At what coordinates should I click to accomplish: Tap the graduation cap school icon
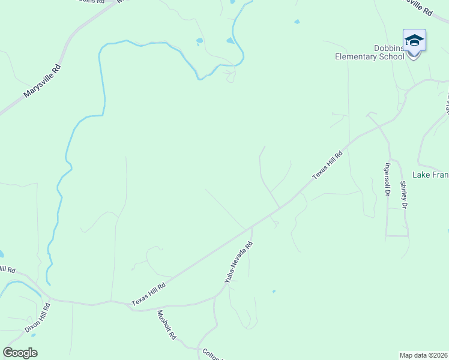point(414,40)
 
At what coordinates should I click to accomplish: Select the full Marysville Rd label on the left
point(43,82)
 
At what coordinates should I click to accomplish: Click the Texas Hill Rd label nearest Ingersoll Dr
point(327,165)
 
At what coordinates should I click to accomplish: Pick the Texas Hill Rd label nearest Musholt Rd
point(148,292)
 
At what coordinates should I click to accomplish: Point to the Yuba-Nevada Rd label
point(239,262)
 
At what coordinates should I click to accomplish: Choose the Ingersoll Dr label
point(388,180)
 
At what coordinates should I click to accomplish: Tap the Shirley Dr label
point(404,195)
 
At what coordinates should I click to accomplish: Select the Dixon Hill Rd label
point(38,318)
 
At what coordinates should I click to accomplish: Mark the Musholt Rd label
point(166,325)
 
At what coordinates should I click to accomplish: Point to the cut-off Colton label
point(212,354)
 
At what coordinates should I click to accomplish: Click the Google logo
point(20,353)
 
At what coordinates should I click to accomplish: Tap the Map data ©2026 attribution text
point(424,355)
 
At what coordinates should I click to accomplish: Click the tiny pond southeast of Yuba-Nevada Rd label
point(274,292)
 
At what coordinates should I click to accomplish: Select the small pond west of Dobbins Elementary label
point(297,22)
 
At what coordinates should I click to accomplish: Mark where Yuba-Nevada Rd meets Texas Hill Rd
point(252,227)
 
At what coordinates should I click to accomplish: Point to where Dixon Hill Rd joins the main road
point(49,298)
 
